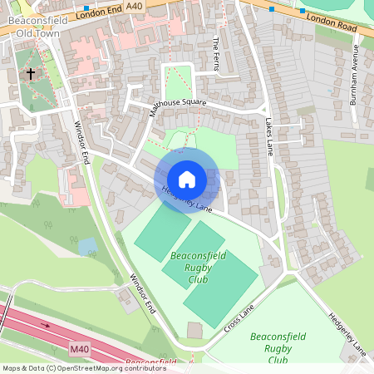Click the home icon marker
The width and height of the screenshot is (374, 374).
pos(187,179)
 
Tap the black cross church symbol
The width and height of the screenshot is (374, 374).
pos(31,74)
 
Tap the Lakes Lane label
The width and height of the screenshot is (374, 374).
pos(268,137)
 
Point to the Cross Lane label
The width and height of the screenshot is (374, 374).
pos(239,318)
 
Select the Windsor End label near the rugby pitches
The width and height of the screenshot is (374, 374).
pos(143,293)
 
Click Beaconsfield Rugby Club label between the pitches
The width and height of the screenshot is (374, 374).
pos(197,267)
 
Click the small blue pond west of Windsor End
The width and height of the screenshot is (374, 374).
pos(86,246)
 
